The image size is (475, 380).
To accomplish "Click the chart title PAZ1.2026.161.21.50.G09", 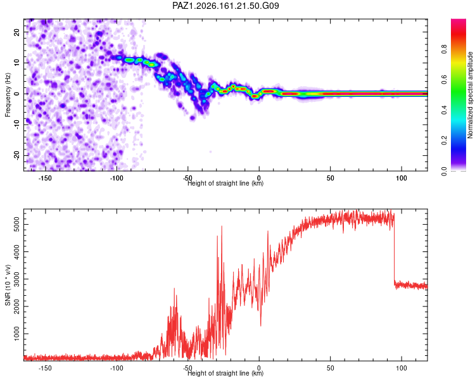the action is pyautogui.click(x=225, y=6).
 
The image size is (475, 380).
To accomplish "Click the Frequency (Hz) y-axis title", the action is pyautogui.click(x=8, y=95).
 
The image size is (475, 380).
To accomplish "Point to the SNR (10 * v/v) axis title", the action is pyautogui.click(x=8, y=285).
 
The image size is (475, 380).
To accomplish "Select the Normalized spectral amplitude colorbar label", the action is pyautogui.click(x=470, y=95).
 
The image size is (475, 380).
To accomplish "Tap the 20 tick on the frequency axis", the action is pyautogui.click(x=17, y=32).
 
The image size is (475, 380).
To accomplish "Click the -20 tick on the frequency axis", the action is pyautogui.click(x=17, y=155).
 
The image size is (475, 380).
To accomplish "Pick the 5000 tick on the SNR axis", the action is pyautogui.click(x=17, y=225).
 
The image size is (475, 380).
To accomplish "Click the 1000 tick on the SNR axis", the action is pyautogui.click(x=17, y=334).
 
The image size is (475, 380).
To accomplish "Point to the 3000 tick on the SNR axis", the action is pyautogui.click(x=17, y=279).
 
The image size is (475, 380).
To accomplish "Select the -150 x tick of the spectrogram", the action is pyautogui.click(x=45, y=178).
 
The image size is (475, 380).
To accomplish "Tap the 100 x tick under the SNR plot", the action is pyautogui.click(x=402, y=368).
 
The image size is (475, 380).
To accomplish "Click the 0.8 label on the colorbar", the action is pyautogui.click(x=444, y=49).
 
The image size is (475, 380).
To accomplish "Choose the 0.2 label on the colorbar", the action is pyautogui.click(x=444, y=141).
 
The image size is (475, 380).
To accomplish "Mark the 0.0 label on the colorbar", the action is pyautogui.click(x=444, y=171).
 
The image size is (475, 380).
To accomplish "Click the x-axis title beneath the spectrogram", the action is pyautogui.click(x=225, y=183).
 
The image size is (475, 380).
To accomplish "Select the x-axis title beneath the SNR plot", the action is pyautogui.click(x=225, y=373).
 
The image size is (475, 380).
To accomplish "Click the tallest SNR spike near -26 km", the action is pyautogui.click(x=222, y=226).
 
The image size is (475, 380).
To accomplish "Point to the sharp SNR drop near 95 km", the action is pyautogui.click(x=395, y=249).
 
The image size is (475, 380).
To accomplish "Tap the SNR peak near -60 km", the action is pyautogui.click(x=174, y=289).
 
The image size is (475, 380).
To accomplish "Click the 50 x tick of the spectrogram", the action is pyautogui.click(x=330, y=178).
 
